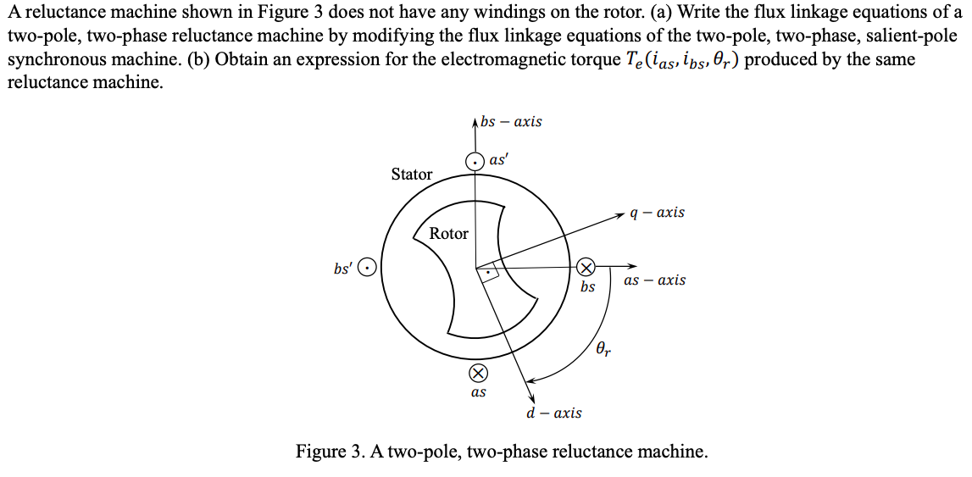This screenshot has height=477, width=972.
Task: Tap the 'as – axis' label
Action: coord(654,280)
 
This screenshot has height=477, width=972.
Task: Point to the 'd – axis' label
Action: coord(553,413)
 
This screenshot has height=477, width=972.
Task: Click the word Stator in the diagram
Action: coord(412,175)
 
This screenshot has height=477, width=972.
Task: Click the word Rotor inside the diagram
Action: coord(448,234)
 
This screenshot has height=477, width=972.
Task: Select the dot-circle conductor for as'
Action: coord(476,161)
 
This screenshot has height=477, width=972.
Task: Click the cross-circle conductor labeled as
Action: coord(478,374)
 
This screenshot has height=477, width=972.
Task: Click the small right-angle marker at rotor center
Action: coord(488,273)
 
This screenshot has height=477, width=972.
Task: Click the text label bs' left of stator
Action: coord(344,268)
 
